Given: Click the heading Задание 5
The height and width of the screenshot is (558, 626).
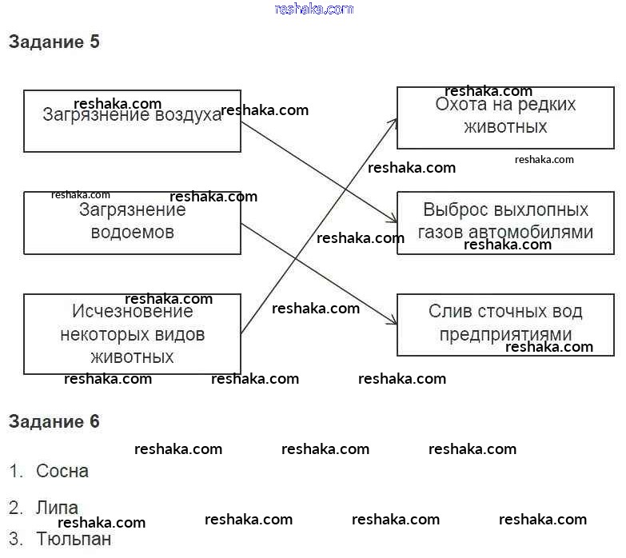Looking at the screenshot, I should coord(54,42).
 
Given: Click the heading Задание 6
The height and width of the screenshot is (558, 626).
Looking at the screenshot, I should coord(54,421).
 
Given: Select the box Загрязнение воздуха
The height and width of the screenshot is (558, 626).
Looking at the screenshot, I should coord(132,121).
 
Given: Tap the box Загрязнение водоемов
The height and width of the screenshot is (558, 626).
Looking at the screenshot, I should coord(132,222).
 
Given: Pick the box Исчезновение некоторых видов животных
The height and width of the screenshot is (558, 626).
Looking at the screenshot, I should coord(132,333).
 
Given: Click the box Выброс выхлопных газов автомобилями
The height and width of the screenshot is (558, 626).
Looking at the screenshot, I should coord(505,222).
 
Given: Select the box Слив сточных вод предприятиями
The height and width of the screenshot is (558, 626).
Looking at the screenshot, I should coord(505,324).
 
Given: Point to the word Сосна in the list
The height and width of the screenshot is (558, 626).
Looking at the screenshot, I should coord(62,471).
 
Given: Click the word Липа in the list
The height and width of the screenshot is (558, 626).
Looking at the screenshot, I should coord(57,508).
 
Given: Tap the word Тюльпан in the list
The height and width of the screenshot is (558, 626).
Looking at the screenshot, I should coord(74,539).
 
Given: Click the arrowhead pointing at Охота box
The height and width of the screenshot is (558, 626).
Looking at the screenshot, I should coord(394,120).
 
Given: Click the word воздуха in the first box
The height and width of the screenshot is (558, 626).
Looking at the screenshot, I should coord(189,115).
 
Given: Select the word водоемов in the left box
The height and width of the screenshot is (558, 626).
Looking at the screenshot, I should coord(132,233).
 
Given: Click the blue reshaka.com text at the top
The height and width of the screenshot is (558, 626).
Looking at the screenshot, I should coord(313,9).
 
